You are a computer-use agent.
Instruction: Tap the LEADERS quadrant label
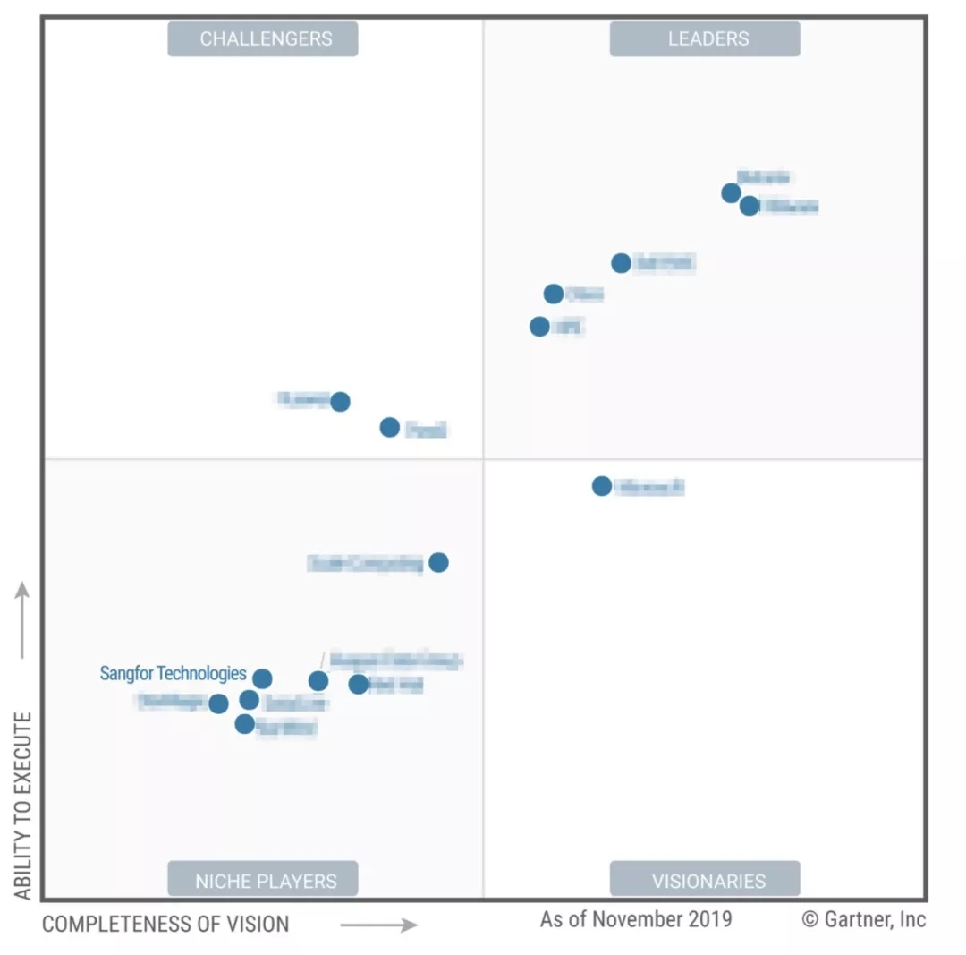point(705,39)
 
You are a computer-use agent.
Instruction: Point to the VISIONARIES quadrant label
point(705,880)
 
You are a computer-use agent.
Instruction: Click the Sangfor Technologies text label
point(173,673)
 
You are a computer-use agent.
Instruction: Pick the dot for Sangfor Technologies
point(262,678)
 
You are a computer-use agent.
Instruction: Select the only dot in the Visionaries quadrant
point(602,486)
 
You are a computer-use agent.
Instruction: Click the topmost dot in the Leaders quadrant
point(731,193)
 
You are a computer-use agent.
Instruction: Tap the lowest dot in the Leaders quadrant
point(539,327)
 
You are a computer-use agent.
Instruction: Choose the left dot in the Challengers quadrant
point(340,402)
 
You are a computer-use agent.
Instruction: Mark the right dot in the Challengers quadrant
point(390,427)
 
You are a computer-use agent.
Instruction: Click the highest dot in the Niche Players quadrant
point(438,562)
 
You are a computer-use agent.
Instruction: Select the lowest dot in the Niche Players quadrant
point(245,724)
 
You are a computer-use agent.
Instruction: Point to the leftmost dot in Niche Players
point(218,704)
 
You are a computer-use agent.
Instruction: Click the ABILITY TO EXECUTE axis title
point(23,806)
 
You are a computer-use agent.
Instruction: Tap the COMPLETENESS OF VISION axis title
point(165,925)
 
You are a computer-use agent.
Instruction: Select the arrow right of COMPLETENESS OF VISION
point(378,925)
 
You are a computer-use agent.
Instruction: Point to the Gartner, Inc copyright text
point(863,919)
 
